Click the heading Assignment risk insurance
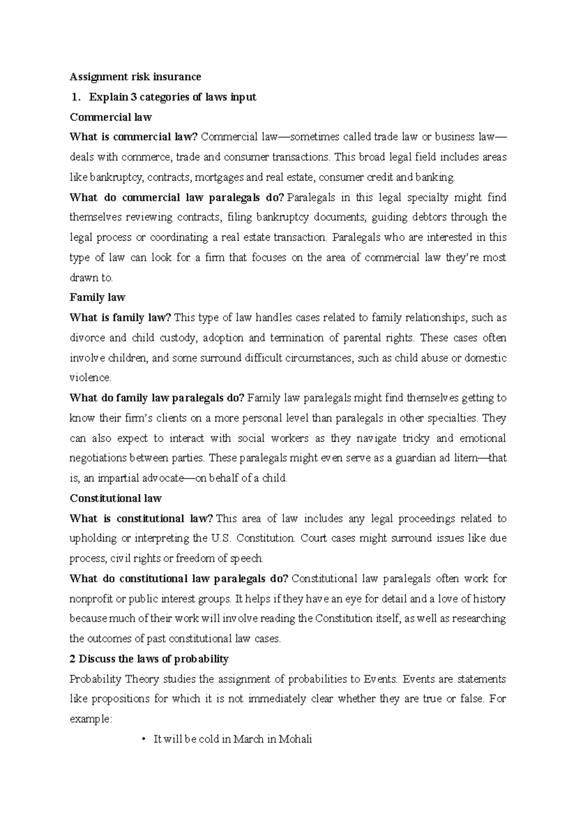pos(135,77)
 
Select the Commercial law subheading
pos(111,117)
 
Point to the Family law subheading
pos(97,297)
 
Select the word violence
pos(90,378)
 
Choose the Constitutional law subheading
pos(116,498)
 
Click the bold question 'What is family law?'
pos(120,318)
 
